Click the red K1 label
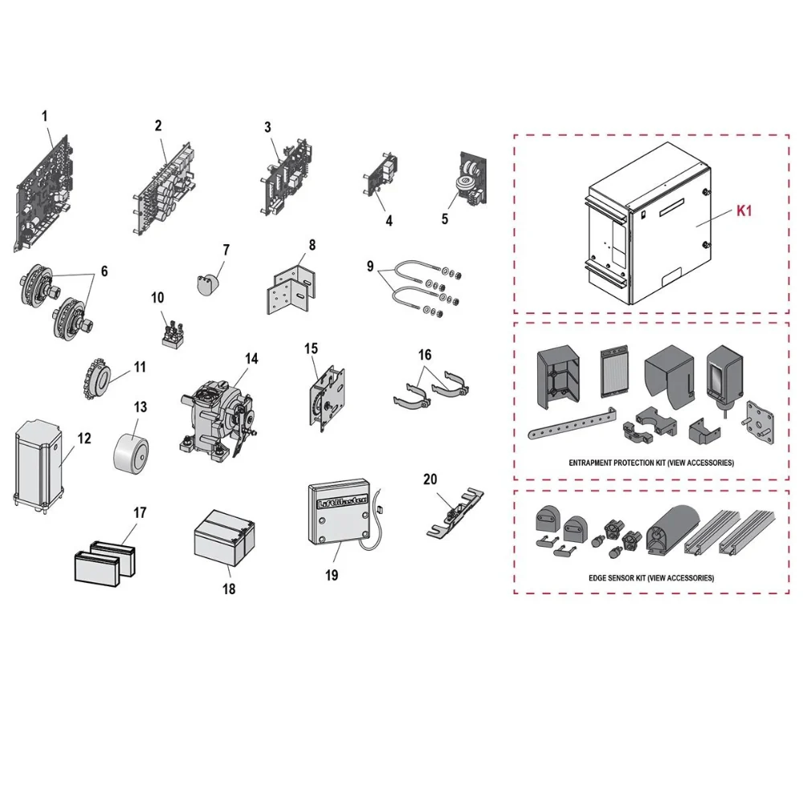tap(744, 210)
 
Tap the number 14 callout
tap(251, 358)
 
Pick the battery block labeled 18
tap(224, 540)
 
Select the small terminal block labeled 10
tap(173, 333)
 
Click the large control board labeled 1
tap(43, 194)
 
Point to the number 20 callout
tap(430, 479)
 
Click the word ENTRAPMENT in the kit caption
tap(591, 463)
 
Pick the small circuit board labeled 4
tap(381, 173)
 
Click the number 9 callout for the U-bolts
tap(370, 267)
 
